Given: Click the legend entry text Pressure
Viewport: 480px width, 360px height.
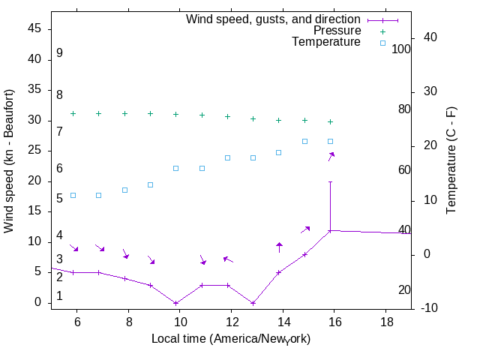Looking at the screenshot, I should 337,31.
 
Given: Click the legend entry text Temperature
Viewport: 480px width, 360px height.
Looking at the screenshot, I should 326,43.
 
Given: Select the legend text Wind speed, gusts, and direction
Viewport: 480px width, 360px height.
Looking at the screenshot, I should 273,19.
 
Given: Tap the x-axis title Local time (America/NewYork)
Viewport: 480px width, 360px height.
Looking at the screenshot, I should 231,339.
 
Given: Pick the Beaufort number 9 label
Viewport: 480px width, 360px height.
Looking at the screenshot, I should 59,53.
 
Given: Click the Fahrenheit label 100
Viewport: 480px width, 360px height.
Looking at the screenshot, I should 401,49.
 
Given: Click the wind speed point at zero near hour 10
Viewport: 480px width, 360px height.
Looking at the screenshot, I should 176,303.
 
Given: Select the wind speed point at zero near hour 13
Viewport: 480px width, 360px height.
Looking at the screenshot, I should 253,303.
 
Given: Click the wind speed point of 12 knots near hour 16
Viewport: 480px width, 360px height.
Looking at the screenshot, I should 330,230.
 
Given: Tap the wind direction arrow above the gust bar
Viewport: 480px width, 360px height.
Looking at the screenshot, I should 331,155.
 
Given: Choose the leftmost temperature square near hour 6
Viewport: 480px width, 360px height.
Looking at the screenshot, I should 73,195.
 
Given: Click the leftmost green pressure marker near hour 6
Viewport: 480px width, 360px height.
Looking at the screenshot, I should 73,113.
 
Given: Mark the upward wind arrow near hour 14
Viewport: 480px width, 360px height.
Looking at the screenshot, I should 279,246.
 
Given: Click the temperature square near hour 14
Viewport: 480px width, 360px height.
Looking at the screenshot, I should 279,152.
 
